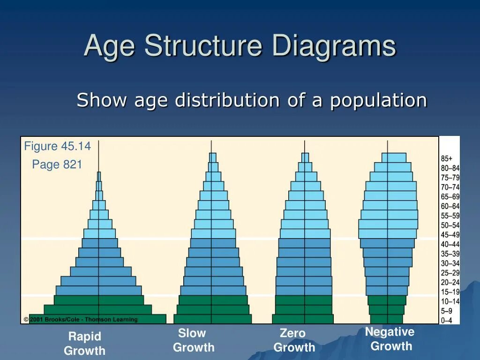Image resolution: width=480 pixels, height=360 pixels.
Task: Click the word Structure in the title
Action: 202,47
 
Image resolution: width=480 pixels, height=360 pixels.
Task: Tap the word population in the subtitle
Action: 379,100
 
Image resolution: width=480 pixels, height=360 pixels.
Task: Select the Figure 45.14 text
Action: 57,146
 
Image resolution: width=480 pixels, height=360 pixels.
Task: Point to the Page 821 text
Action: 57,165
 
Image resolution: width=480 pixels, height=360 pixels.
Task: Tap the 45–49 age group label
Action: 450,235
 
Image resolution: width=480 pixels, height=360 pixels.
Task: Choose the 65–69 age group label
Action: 450,197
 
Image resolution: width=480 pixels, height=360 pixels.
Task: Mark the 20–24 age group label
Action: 450,282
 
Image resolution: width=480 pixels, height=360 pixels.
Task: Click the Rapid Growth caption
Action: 84,343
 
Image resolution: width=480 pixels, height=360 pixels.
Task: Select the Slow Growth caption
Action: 193,340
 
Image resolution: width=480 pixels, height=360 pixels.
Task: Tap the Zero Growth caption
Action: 294,340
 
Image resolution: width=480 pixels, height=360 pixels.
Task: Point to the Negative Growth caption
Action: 390,339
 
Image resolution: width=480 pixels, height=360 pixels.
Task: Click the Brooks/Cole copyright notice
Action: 81,320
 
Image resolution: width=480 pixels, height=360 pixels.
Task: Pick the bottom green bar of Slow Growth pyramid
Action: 212,319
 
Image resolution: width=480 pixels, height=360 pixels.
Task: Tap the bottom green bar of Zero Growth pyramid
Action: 303,319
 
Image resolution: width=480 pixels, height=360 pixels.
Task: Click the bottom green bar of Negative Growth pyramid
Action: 387,319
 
